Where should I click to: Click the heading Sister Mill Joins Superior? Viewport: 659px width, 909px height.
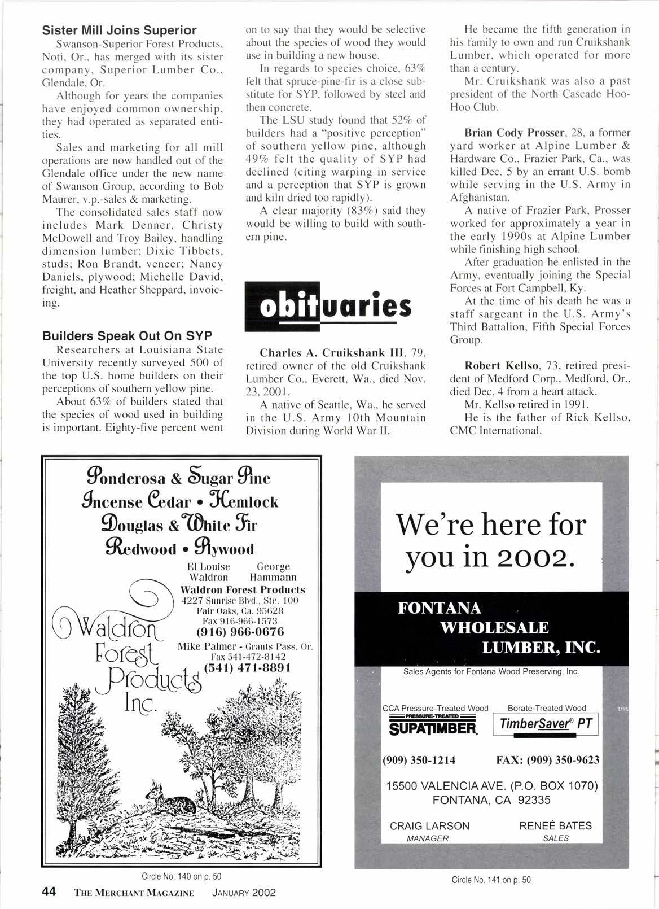(120, 30)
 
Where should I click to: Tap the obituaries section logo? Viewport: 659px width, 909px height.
(327, 308)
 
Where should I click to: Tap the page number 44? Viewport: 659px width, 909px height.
(49, 893)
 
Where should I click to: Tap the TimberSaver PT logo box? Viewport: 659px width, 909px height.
(546, 725)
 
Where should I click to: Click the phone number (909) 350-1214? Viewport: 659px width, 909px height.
(419, 760)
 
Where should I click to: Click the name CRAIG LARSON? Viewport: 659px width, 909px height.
(429, 826)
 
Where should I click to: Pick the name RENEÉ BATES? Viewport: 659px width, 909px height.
(555, 826)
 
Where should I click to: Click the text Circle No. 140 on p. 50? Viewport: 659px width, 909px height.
(181, 876)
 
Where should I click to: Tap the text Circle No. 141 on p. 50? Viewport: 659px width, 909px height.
(491, 880)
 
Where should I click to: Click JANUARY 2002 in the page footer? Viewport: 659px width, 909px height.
(244, 893)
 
